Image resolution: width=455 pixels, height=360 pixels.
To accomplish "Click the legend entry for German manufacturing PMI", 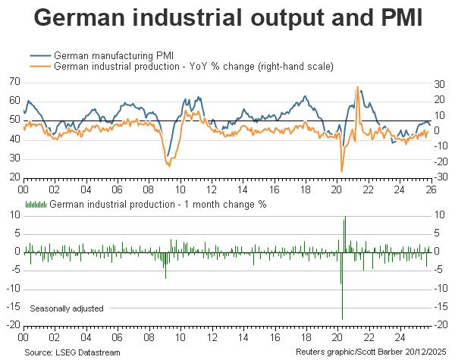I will click(x=107, y=55).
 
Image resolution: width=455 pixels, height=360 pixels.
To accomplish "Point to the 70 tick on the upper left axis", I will click(x=14, y=81).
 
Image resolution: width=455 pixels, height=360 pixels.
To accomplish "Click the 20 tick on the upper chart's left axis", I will click(x=14, y=177).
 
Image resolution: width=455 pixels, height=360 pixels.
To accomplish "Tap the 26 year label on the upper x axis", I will click(x=430, y=190).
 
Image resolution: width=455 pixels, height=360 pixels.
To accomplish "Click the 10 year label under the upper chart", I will click(x=180, y=190).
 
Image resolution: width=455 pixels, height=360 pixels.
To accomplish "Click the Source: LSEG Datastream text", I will click(x=72, y=352).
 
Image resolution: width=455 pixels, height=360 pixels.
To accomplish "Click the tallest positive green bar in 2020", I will click(x=346, y=218).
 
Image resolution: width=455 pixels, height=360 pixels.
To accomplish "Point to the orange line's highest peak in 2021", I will click(x=357, y=88).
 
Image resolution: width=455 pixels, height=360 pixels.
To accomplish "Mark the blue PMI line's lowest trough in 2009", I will click(x=167, y=156).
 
